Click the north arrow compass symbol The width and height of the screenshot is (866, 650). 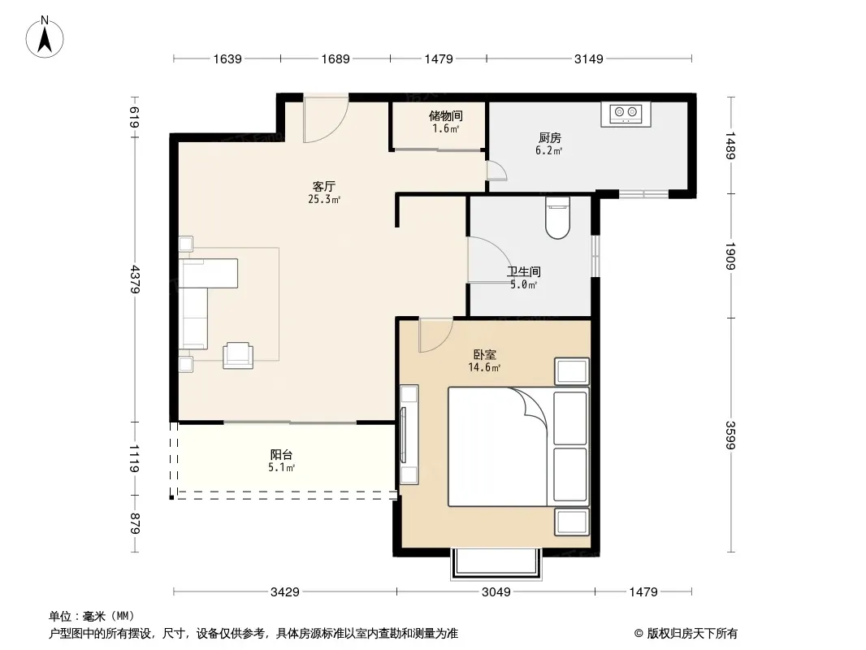click(x=45, y=37)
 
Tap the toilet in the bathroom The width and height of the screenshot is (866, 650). click(x=557, y=218)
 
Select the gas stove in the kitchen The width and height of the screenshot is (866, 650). click(x=626, y=114)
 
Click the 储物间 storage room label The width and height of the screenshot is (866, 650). click(x=446, y=116)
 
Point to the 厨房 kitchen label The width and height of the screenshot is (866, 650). click(x=549, y=137)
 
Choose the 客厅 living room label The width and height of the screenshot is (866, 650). click(x=323, y=186)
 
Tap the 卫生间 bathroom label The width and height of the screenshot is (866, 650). click(x=523, y=271)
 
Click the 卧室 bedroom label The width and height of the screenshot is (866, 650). click(x=484, y=354)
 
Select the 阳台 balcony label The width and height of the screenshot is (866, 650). click(x=281, y=454)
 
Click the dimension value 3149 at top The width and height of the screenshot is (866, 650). click(x=589, y=58)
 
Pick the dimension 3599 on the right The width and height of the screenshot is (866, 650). click(x=730, y=435)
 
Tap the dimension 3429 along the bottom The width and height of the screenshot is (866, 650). click(x=285, y=592)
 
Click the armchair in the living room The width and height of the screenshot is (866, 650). click(x=238, y=355)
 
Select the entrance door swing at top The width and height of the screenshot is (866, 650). click(x=325, y=119)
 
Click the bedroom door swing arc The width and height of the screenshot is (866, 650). click(x=435, y=336)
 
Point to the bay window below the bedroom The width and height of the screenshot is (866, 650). click(x=496, y=563)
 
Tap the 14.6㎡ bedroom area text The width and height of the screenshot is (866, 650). click(x=484, y=368)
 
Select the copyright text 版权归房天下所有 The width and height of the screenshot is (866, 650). click(x=692, y=634)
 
